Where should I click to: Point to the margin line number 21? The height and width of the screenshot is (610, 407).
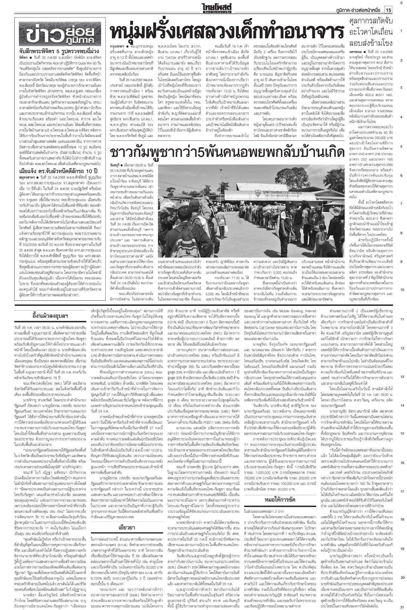click(402, 606)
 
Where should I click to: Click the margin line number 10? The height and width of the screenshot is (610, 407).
click(402, 290)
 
